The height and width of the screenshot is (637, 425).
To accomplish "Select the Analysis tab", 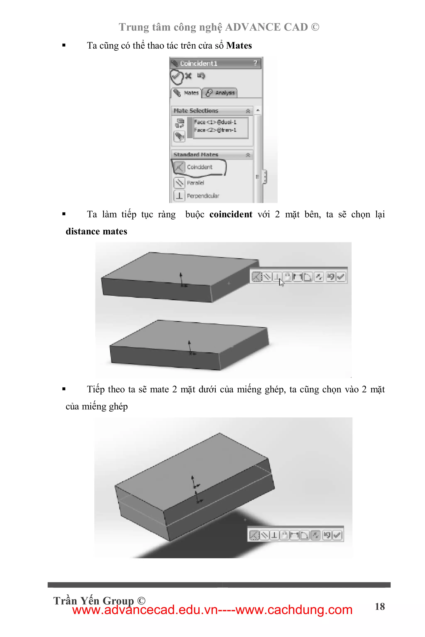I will click(x=220, y=93).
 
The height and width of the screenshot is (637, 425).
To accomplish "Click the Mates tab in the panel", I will click(x=187, y=93).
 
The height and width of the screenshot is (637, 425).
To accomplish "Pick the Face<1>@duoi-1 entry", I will click(x=215, y=122).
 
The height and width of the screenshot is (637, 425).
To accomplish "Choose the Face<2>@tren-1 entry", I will click(x=215, y=130).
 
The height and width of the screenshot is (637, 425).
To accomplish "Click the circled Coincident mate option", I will click(x=199, y=167).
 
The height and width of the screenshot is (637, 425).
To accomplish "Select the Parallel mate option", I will click(x=195, y=183).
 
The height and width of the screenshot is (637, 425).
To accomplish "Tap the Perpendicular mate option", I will click(x=203, y=196).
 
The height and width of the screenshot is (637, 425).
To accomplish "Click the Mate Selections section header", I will click(x=196, y=111).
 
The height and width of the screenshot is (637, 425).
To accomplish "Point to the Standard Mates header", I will click(x=196, y=155).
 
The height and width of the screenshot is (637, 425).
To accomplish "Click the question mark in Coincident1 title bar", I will click(x=255, y=63).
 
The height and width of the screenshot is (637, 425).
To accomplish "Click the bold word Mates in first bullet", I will click(x=239, y=45).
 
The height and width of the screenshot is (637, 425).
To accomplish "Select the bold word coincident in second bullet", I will click(x=231, y=214).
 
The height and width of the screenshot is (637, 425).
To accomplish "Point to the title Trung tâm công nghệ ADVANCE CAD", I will click(x=219, y=27).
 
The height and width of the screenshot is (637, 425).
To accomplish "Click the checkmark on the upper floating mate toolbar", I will click(x=341, y=277).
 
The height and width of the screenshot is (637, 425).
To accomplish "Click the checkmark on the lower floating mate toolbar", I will click(x=337, y=535).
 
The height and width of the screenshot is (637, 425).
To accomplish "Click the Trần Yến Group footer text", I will click(x=99, y=601).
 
